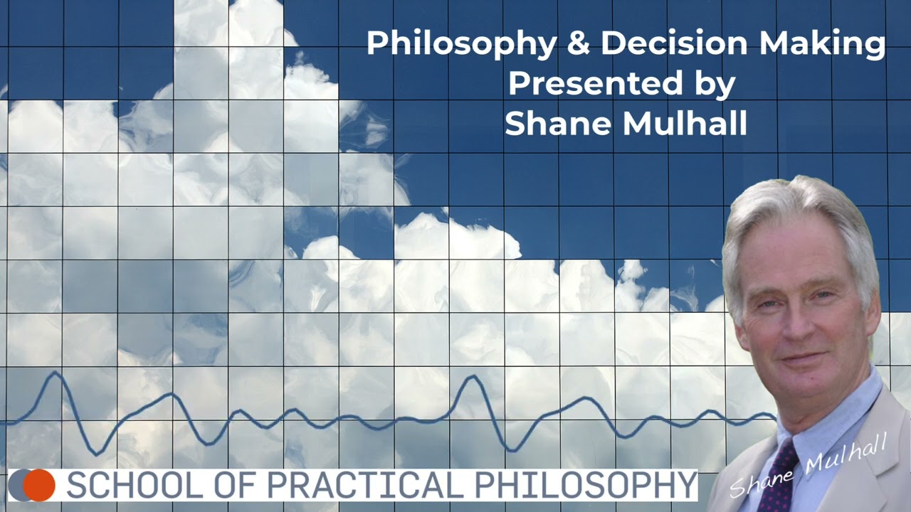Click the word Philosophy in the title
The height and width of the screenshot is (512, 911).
point(461,44)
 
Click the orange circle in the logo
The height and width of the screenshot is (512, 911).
point(39,484)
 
